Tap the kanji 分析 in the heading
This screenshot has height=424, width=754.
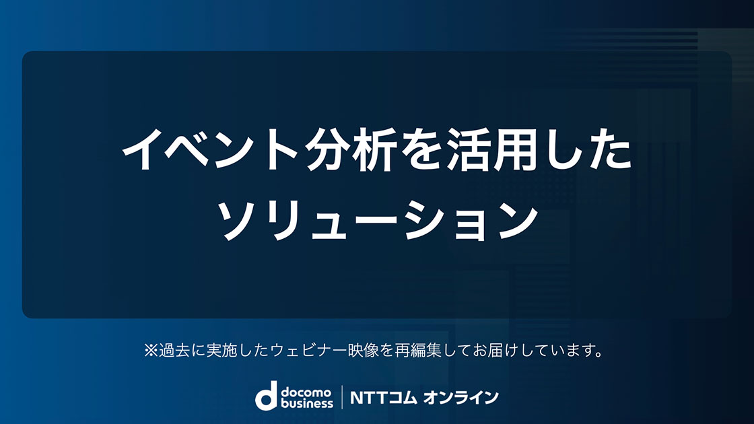[351, 149]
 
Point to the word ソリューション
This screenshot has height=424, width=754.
[378, 221]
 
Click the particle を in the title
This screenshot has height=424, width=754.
[422, 149]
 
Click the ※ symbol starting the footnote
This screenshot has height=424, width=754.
[151, 351]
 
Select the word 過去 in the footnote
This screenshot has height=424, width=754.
[174, 351]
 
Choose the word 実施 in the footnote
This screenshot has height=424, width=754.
[221, 351]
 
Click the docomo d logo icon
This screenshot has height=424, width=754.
[266, 396]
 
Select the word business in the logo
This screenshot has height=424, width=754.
[307, 403]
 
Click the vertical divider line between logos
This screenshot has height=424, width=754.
[342, 397]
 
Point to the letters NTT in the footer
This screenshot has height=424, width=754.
[369, 398]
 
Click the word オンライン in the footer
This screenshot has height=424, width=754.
[460, 398]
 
